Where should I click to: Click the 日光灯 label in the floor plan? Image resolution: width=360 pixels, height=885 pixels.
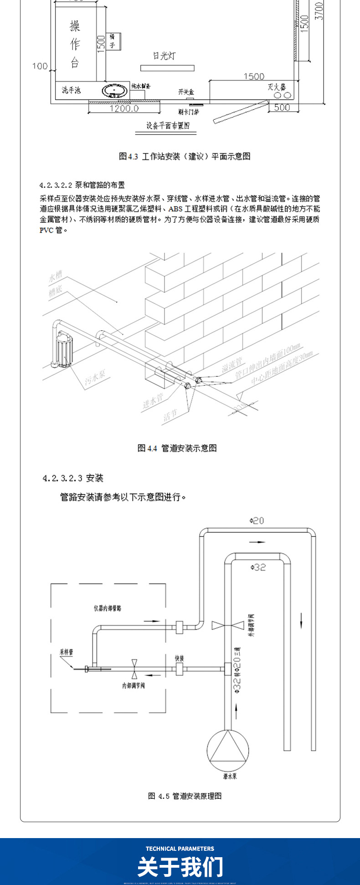(x=164, y=56)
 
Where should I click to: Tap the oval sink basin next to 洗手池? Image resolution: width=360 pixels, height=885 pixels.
(x=115, y=90)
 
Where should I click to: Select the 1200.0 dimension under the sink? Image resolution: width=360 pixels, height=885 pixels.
(x=123, y=109)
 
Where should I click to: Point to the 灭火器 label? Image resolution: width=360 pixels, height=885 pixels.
(x=277, y=87)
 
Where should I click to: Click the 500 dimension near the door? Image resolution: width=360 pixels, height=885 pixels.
(x=282, y=107)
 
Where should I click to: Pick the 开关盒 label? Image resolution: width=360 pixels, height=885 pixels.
(x=186, y=92)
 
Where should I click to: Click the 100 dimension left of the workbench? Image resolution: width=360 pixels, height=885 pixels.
(x=40, y=66)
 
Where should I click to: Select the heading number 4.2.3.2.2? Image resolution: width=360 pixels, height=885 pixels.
(x=56, y=185)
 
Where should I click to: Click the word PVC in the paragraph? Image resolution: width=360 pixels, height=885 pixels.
(x=46, y=230)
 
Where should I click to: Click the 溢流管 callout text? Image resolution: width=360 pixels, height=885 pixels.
(x=232, y=364)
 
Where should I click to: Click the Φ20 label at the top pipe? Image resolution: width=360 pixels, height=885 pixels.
(x=257, y=520)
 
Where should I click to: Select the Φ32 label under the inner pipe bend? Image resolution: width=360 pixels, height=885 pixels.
(x=258, y=567)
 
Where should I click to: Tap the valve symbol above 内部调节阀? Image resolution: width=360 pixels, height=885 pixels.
(x=134, y=668)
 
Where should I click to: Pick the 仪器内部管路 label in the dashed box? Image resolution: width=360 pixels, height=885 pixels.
(x=107, y=608)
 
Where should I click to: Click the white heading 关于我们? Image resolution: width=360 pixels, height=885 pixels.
(x=180, y=866)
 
